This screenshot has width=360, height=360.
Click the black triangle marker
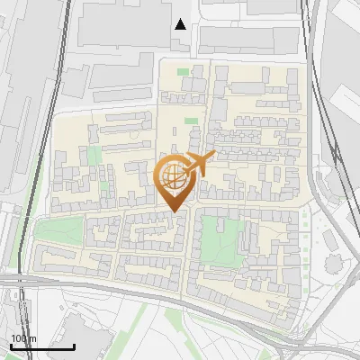point(181,24)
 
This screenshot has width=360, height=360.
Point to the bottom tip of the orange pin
point(175,212)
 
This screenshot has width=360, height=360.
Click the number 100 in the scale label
point(20,338)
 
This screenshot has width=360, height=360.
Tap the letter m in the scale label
point(33,338)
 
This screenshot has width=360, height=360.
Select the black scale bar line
point(42,346)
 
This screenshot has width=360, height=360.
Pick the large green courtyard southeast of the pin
point(216,237)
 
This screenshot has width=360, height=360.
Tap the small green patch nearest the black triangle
point(184,72)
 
